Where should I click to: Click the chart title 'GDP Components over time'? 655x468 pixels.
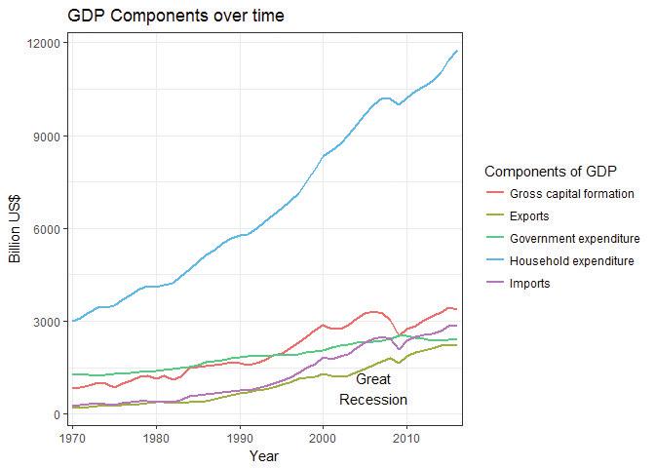176,17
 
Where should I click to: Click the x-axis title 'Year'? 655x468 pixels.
264,455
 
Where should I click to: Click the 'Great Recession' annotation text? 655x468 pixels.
373,389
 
